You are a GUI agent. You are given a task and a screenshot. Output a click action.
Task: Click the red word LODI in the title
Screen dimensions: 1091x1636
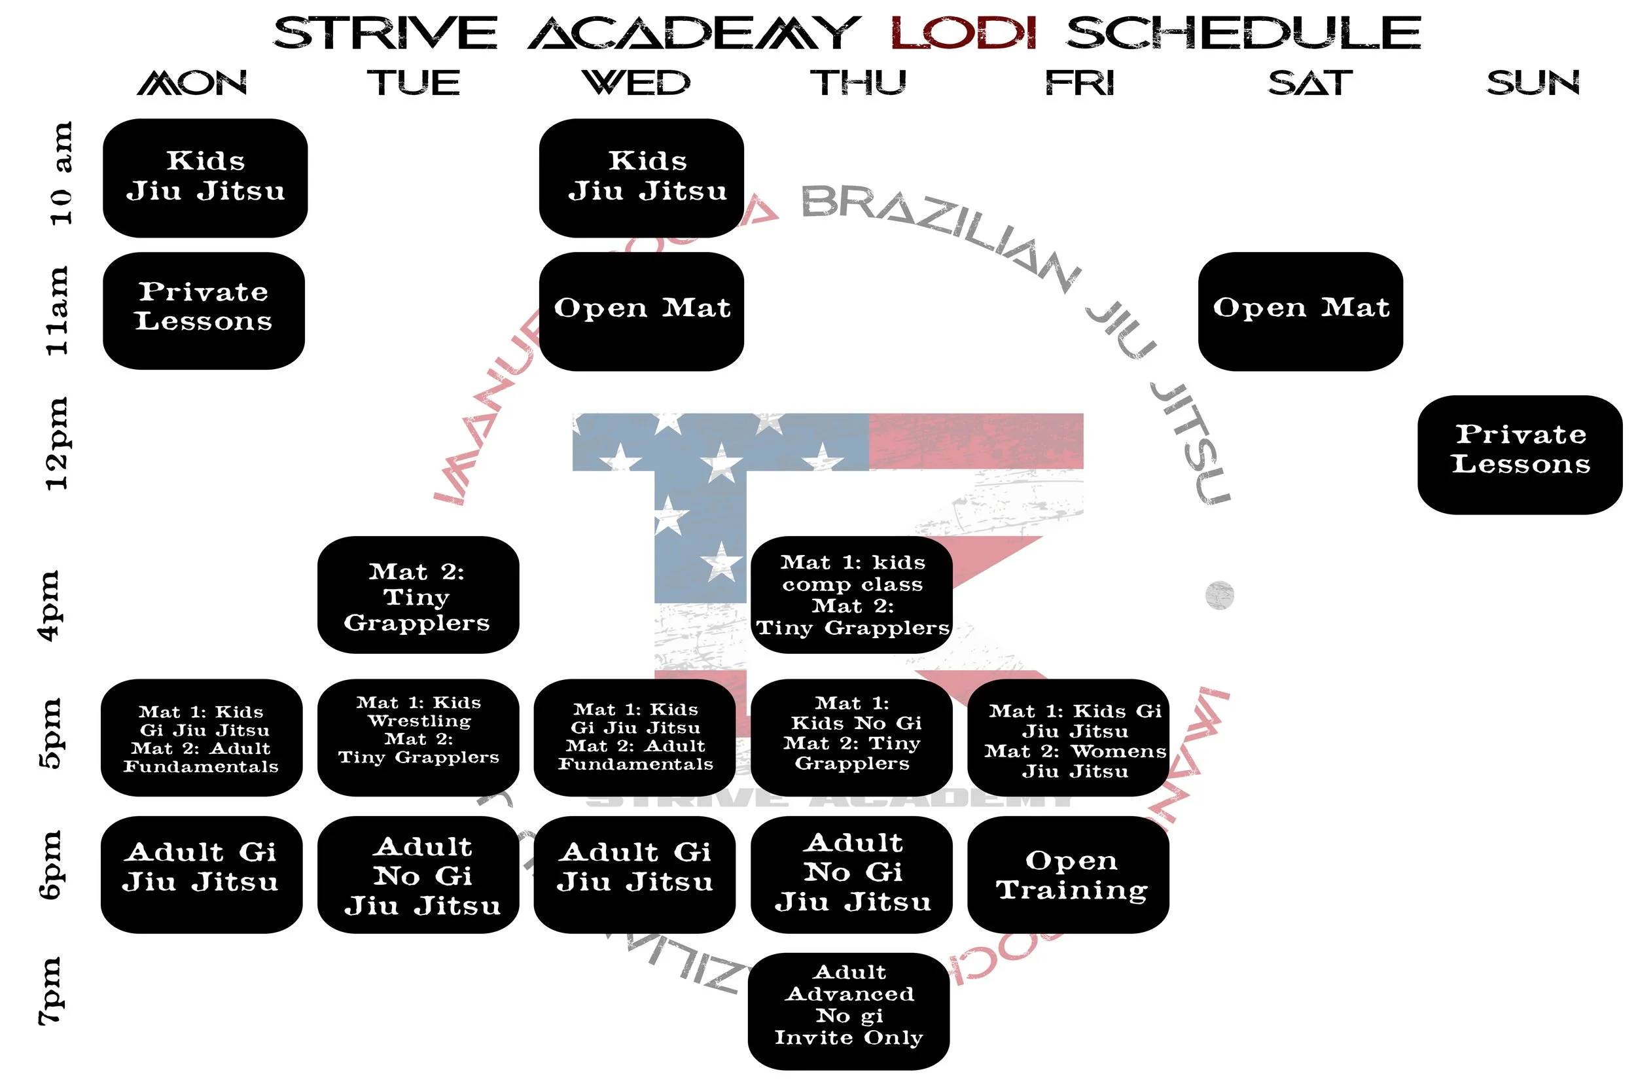click(963, 33)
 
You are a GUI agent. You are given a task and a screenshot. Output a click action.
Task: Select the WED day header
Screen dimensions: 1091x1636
click(636, 83)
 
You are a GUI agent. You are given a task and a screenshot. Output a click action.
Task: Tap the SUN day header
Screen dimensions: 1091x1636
click(1533, 83)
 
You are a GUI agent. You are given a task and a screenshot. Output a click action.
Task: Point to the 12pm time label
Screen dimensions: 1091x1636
click(56, 444)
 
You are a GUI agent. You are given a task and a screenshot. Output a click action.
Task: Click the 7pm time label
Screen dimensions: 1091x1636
click(50, 992)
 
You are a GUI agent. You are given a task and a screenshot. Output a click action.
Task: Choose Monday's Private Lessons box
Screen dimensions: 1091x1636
click(204, 310)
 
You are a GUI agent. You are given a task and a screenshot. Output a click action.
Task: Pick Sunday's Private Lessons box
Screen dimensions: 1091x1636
click(1520, 454)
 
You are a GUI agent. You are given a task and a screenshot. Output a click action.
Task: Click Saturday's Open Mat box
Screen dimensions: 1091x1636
click(1300, 311)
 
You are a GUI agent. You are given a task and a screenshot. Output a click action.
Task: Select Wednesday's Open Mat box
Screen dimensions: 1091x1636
click(641, 311)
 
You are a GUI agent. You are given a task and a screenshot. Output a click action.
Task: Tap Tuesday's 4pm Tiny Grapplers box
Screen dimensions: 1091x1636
click(418, 595)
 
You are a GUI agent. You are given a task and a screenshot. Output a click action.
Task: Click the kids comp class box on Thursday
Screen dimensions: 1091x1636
click(851, 595)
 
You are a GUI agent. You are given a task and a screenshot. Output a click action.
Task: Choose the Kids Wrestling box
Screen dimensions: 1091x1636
click(418, 738)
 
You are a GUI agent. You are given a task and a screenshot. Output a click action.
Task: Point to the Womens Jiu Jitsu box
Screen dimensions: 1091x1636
click(1068, 738)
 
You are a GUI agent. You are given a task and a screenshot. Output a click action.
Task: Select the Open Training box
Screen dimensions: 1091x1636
click(1068, 874)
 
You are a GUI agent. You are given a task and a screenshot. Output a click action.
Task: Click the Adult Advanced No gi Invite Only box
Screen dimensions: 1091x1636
click(849, 1011)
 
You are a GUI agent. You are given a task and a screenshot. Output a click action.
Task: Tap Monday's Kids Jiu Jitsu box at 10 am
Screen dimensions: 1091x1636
click(205, 177)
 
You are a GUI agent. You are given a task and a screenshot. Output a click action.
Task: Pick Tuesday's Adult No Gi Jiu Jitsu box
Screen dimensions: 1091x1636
click(418, 874)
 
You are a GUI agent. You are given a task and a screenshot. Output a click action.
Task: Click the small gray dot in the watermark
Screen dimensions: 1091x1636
click(1219, 596)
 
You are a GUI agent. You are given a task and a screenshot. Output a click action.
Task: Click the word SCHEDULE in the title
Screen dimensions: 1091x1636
click(1243, 33)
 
